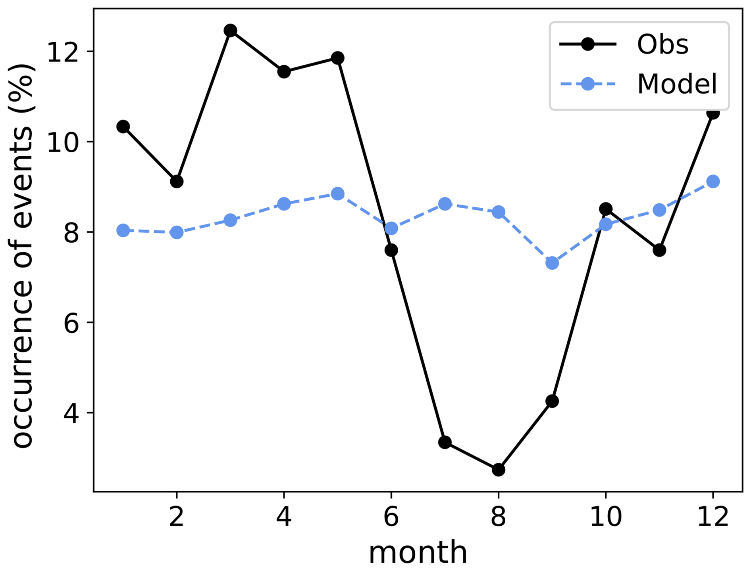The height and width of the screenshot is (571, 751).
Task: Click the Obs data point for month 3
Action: (230, 31)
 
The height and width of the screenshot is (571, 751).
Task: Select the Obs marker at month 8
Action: (499, 470)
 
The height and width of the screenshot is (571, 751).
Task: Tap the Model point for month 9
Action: (552, 263)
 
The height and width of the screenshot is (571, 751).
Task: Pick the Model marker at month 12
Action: (713, 182)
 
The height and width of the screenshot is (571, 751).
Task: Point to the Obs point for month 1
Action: (123, 127)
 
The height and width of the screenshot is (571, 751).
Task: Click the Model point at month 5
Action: (338, 194)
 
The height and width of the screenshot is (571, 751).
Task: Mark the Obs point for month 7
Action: (445, 442)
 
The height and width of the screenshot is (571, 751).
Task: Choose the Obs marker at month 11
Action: (659, 250)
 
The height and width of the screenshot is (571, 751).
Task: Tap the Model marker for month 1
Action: (123, 230)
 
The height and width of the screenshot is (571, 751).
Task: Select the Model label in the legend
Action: (677, 84)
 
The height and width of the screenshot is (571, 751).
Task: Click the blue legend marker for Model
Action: (587, 84)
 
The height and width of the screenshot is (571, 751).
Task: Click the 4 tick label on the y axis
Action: (71, 413)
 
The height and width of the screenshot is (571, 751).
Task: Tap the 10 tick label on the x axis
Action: (606, 517)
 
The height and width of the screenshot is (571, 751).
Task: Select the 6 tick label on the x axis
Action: (391, 517)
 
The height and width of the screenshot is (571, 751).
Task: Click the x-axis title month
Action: (418, 552)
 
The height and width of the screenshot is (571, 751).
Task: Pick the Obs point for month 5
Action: (338, 58)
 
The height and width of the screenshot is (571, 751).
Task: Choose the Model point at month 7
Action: (445, 204)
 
